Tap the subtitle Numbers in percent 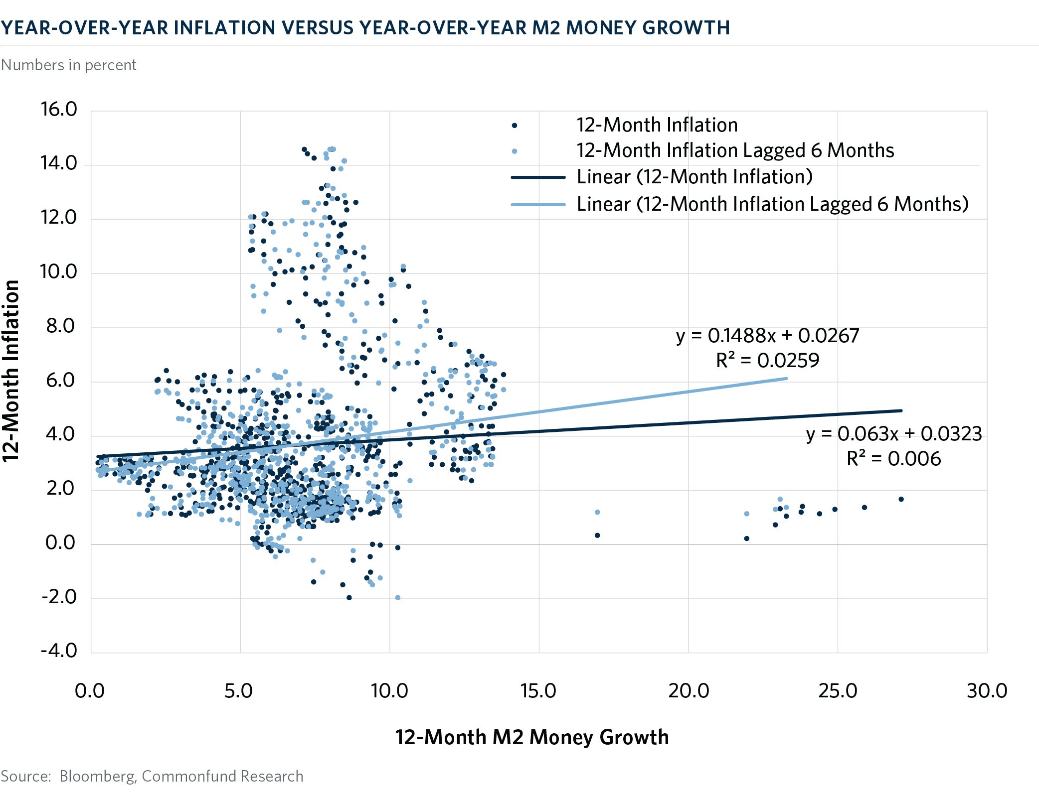coord(68,65)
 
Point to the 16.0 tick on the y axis coord(59,109)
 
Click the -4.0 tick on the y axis coord(59,651)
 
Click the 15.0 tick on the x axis coord(538,691)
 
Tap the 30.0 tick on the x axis coord(987,691)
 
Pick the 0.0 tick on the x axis coord(90,691)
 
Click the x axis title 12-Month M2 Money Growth coord(531,737)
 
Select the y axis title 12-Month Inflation coord(11,371)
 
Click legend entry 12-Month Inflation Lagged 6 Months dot coord(515,151)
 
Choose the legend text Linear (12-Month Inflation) coord(694,177)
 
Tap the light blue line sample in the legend coord(538,204)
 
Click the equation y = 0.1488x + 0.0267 coord(767,336)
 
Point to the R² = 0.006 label coord(893,459)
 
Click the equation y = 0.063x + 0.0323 coord(894,433)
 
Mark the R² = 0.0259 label coord(767,360)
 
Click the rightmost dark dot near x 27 coord(901,499)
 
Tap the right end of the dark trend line coord(901,410)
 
